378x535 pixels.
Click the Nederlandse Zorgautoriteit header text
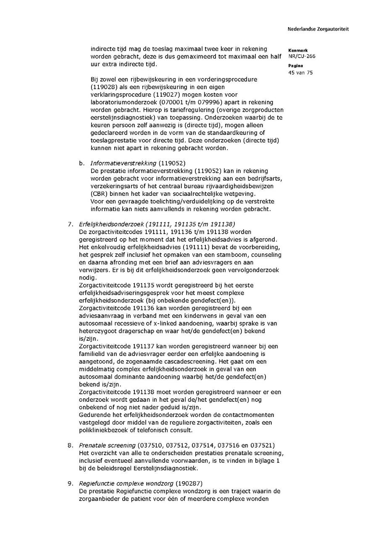tap(318, 29)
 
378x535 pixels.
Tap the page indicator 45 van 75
tap(300, 72)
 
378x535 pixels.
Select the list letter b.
tap(81, 163)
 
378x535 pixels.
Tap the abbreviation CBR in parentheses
tap(97, 193)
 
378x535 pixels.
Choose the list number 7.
tap(70, 224)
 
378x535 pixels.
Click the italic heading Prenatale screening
tap(107, 445)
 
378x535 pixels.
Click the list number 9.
tap(70, 483)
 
